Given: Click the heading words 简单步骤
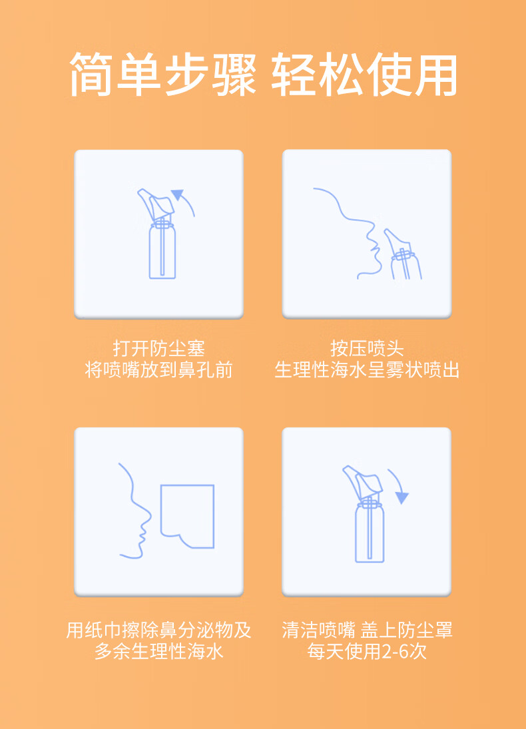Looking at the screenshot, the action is pos(162,75).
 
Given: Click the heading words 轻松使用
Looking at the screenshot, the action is pos(364,75).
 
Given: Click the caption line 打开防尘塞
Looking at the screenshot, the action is pos(158,348).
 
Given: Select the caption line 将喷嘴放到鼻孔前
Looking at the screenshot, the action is pos(158,369).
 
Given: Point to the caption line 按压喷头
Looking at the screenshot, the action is pos(367,348).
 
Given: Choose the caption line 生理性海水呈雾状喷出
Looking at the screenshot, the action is pos(367,369).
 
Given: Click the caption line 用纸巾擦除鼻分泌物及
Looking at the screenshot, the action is pos(158,630).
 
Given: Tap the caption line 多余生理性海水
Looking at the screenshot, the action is pos(158,651).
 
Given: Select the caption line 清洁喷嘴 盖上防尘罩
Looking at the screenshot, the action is pos(367,630).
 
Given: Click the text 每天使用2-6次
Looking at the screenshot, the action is pos(367,651).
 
